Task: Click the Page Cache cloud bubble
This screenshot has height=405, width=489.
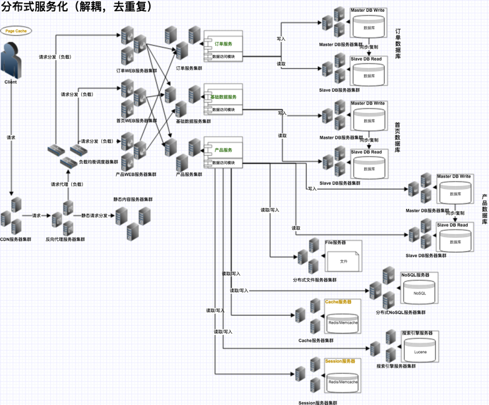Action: [x=15, y=30]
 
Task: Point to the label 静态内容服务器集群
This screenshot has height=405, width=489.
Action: [x=132, y=199]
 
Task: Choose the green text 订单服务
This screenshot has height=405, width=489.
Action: [x=223, y=44]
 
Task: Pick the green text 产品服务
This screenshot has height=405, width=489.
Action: [x=223, y=150]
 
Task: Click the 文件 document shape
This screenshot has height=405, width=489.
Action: [x=343, y=261]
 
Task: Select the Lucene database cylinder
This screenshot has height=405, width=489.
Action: [x=420, y=351]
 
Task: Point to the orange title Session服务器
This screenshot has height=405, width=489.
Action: [x=340, y=361]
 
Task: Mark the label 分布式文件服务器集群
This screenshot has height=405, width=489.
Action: [x=314, y=280]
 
